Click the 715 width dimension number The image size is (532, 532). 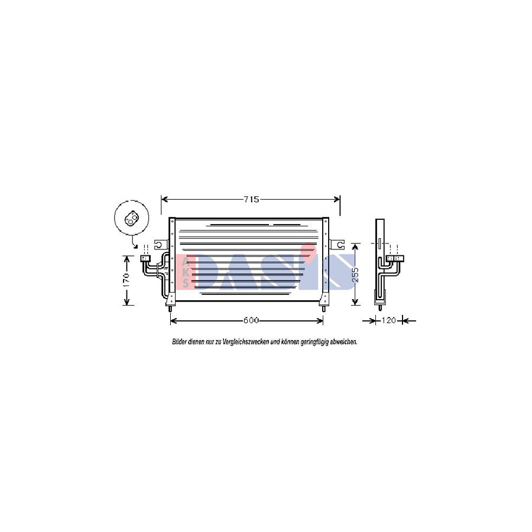pos(251,200)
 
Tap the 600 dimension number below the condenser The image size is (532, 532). pos(251,321)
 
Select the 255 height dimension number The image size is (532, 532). pos(355,274)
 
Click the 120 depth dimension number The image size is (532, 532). pos(388,321)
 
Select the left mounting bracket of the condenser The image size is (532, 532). pos(160,244)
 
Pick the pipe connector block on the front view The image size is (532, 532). pos(145,258)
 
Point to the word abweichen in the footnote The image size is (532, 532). pos(342,342)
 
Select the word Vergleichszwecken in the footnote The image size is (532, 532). pos(242,342)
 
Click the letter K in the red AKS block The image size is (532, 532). pos(186,273)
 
